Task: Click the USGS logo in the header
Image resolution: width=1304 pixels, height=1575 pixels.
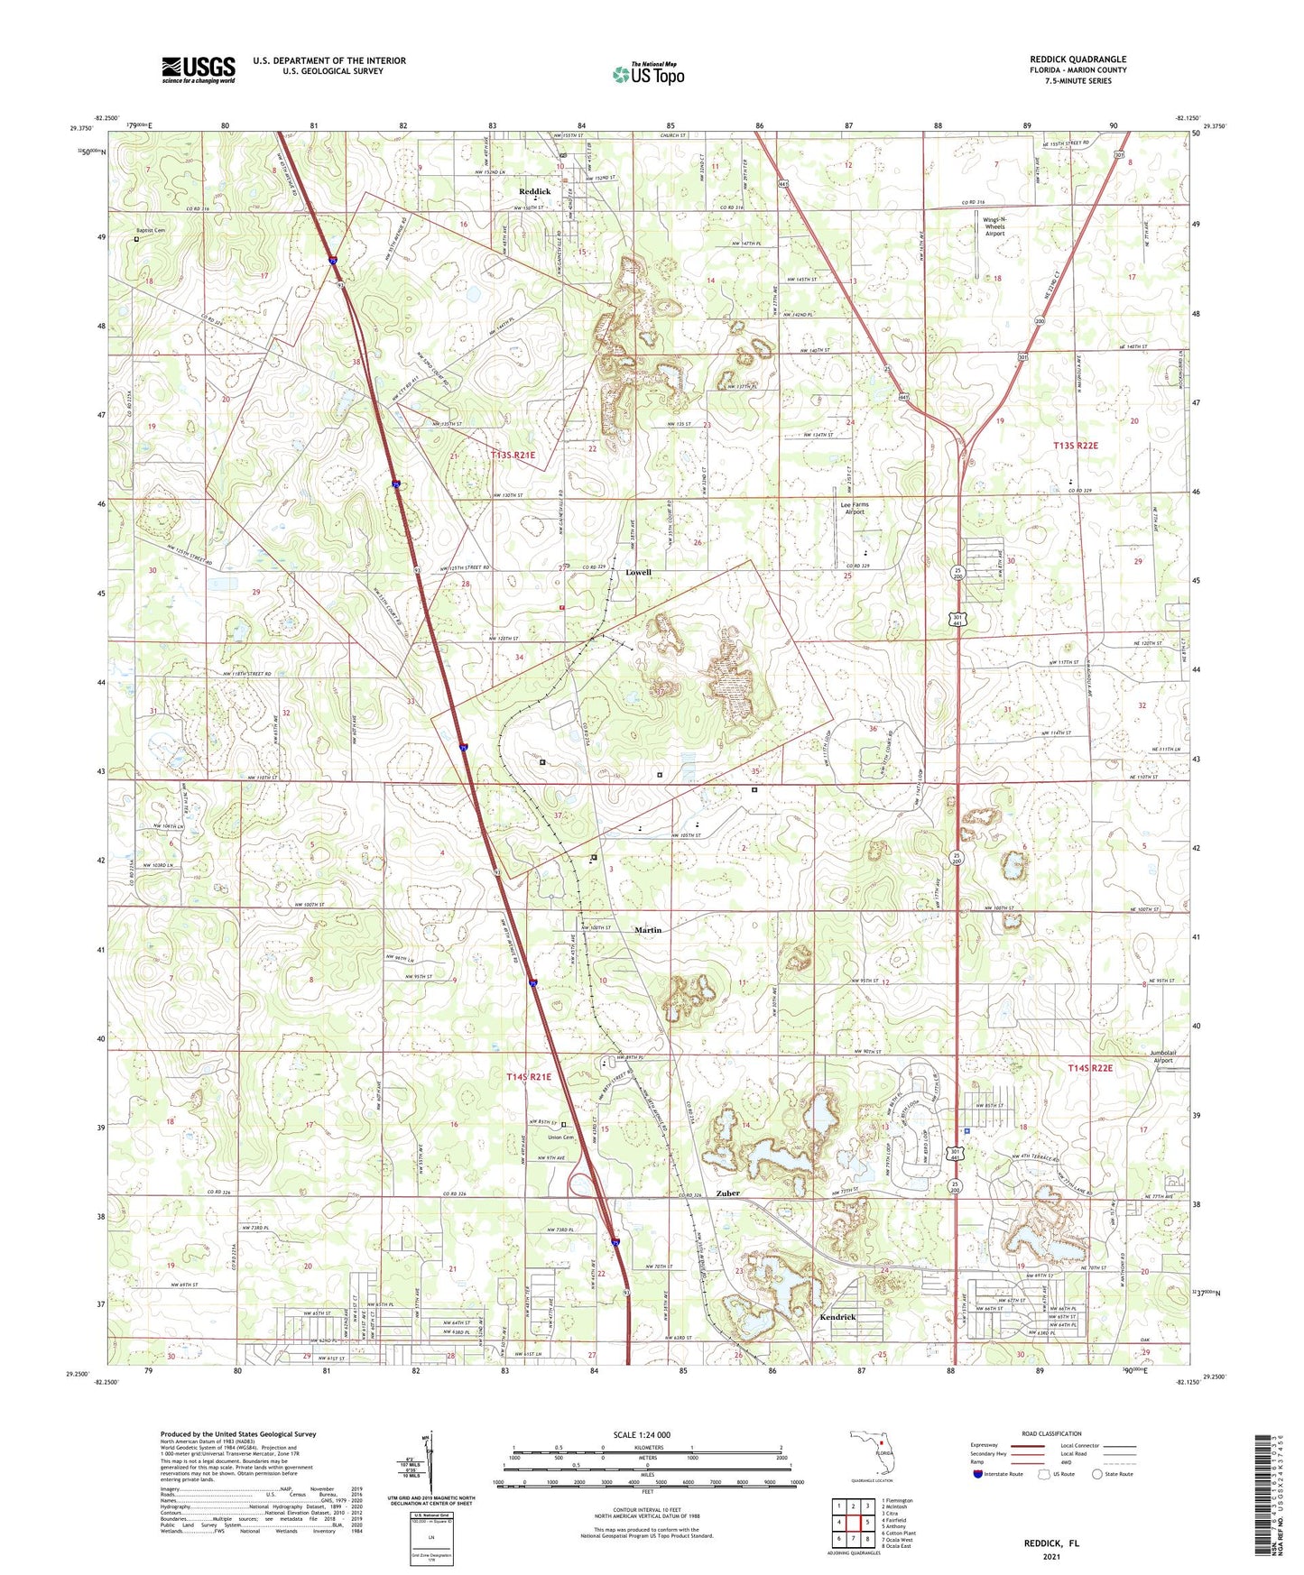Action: point(199,69)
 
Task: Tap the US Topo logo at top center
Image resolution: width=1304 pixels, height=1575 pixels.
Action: point(648,74)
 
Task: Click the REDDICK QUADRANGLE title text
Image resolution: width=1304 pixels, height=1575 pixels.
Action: point(1077,60)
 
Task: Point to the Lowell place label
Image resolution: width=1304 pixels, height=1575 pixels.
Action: point(638,573)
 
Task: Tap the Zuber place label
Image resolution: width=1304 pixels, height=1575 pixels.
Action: point(727,1193)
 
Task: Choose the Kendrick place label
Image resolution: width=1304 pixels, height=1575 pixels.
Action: point(837,1317)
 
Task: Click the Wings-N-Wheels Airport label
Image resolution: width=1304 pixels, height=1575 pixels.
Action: point(994,226)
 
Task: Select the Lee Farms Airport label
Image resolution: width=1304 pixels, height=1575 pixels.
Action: point(854,508)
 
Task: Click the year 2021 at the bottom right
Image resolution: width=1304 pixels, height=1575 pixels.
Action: point(1051,1556)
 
